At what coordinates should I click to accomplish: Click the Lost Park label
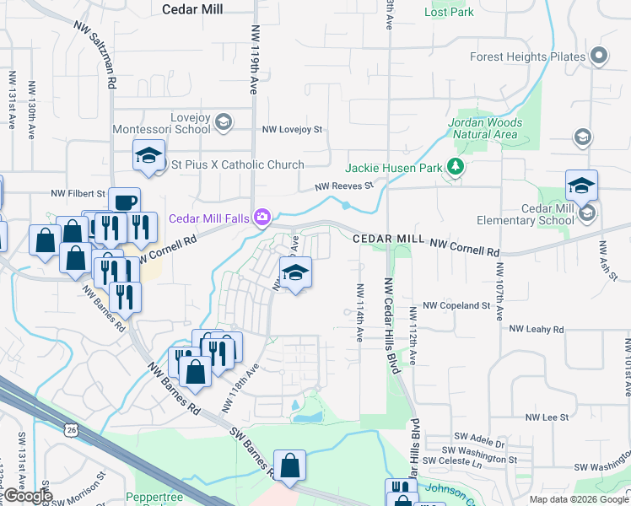click(x=449, y=13)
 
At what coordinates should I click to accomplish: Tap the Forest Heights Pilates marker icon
click(x=599, y=57)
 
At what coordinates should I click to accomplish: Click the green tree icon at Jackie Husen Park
click(x=456, y=167)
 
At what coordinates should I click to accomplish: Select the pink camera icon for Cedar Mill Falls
click(x=262, y=218)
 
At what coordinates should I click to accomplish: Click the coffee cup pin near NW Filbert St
click(x=124, y=202)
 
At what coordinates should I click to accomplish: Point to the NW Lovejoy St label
click(x=293, y=130)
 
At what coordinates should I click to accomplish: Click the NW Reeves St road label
click(x=343, y=187)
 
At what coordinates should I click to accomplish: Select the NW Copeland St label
click(x=456, y=305)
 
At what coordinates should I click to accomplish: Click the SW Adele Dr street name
click(x=479, y=443)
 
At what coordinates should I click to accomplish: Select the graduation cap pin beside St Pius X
click(x=148, y=156)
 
